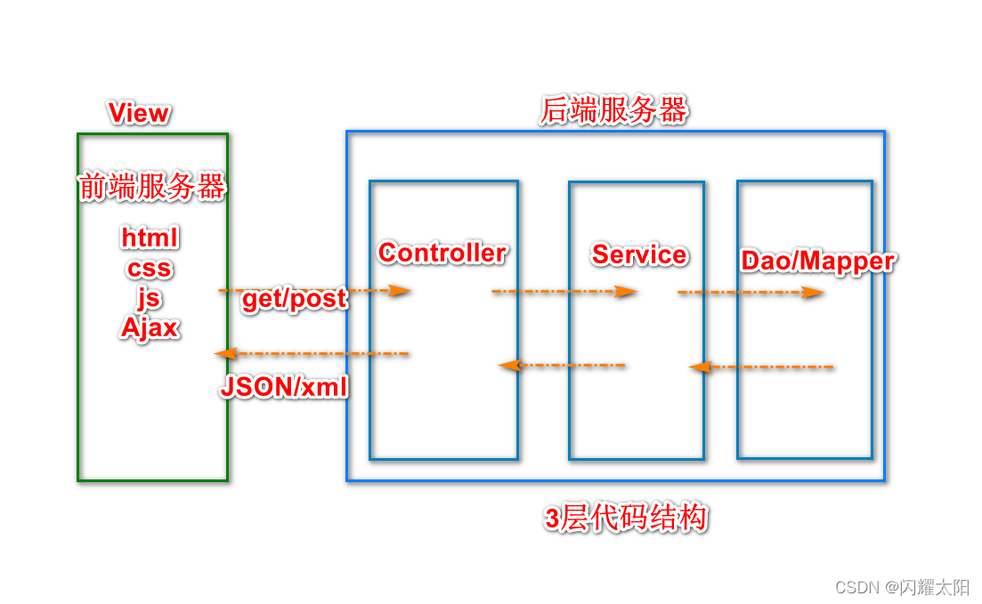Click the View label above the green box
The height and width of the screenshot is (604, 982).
pyautogui.click(x=138, y=113)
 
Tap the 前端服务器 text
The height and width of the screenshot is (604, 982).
pyautogui.click(x=152, y=187)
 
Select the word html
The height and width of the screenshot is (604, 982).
pyautogui.click(x=150, y=238)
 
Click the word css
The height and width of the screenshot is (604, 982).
pyautogui.click(x=150, y=269)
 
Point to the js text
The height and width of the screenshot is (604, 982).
pyautogui.click(x=149, y=298)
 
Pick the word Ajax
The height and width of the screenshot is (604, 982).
pyautogui.click(x=150, y=327)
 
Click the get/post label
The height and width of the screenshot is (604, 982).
pyautogui.click(x=294, y=299)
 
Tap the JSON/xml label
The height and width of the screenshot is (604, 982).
pyautogui.click(x=284, y=387)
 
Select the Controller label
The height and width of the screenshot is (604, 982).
pyautogui.click(x=442, y=253)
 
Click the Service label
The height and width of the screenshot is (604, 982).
pyautogui.click(x=639, y=254)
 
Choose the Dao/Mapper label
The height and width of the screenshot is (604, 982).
pyautogui.click(x=817, y=261)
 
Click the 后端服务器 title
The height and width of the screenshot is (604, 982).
pyautogui.click(x=614, y=111)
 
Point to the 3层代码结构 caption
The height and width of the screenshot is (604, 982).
pyautogui.click(x=626, y=518)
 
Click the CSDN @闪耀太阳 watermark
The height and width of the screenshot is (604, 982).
pyautogui.click(x=901, y=587)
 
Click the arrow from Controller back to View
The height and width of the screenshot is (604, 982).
pyautogui.click(x=312, y=354)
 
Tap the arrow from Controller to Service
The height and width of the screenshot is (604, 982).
pyautogui.click(x=564, y=291)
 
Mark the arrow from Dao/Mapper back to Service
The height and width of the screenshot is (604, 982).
pyautogui.click(x=761, y=366)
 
